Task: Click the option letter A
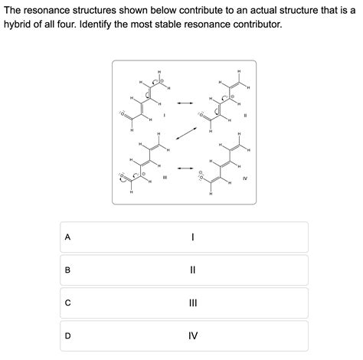pos(68,237)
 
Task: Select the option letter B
pos(68,270)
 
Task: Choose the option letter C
pos(68,303)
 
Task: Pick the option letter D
pos(68,335)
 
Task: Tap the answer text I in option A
pos(193,237)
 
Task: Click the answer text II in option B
pos(193,270)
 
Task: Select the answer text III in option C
pos(193,303)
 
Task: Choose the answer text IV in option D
pos(193,335)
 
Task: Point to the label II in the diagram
pos(245,115)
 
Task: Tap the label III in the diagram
pos(165,178)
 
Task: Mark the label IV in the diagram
pos(245,178)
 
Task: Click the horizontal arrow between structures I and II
pos(185,102)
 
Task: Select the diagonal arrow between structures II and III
pos(185,134)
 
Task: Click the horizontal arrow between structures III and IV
pos(185,167)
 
